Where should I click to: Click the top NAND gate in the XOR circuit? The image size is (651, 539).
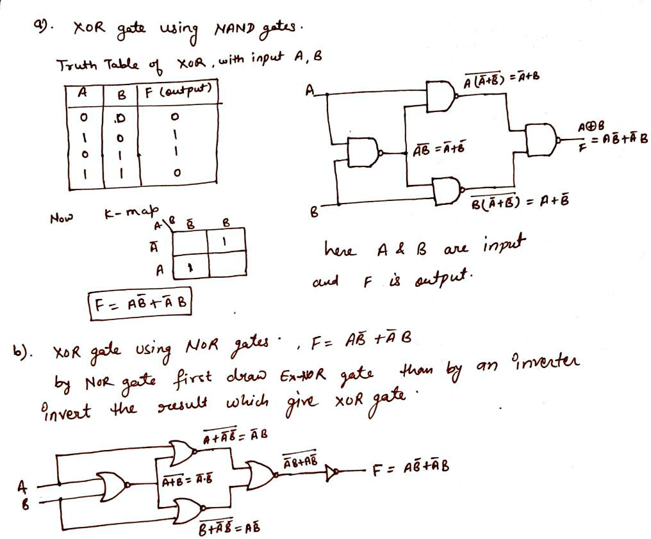click(441, 95)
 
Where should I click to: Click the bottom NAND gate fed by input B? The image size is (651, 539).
click(446, 190)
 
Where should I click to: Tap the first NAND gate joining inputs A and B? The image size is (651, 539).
click(363, 152)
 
